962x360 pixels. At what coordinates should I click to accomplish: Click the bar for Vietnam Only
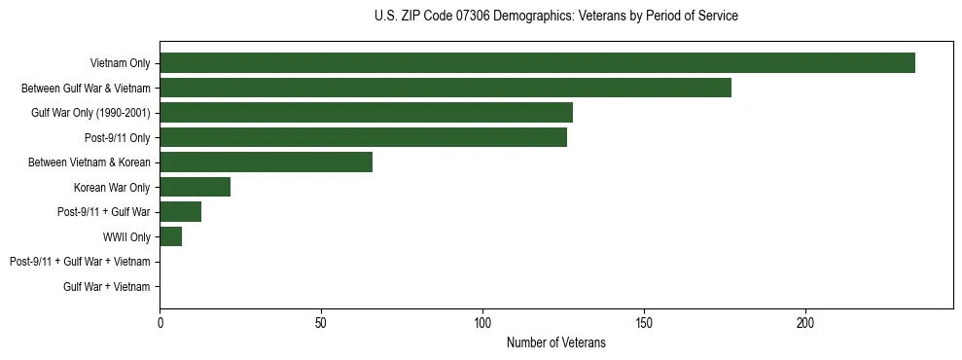(x=537, y=63)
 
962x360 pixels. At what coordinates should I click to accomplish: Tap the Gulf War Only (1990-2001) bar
(x=366, y=113)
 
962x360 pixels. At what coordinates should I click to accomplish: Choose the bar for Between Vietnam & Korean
(x=266, y=162)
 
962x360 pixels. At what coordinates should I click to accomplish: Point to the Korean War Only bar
(x=195, y=187)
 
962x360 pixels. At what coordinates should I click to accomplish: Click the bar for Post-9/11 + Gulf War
(x=180, y=212)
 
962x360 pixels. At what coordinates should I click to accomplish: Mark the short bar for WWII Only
(x=170, y=236)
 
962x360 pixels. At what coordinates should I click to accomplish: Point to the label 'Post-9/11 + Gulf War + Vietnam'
(x=80, y=262)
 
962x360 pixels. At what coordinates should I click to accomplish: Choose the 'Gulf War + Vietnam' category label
(x=107, y=286)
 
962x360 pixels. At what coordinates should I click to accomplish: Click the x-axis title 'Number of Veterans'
(x=555, y=342)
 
